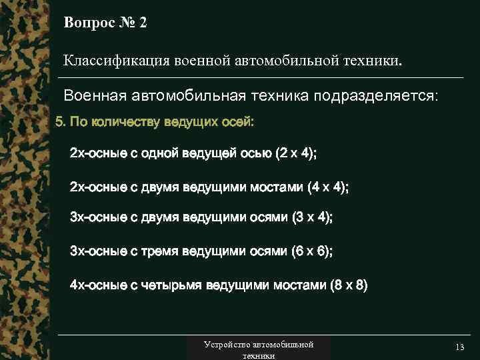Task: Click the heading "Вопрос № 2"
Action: [105, 23]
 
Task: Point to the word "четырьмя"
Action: [171, 286]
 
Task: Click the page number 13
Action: [459, 349]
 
